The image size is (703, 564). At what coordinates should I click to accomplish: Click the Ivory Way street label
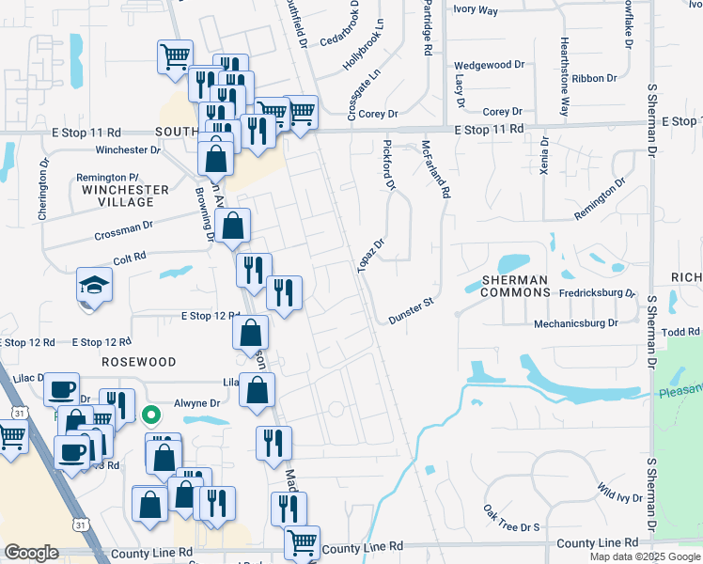coord(476,10)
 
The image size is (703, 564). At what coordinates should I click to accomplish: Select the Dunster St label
coord(410,311)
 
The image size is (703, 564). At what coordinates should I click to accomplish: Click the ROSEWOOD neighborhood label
coord(140,362)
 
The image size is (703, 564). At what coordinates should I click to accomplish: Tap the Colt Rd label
coord(130,256)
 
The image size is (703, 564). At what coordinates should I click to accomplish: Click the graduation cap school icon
coord(94,285)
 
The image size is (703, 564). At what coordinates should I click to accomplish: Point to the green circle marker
coord(149,414)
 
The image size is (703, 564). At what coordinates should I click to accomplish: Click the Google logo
coord(31,553)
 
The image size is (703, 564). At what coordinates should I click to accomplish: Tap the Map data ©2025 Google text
coord(645,556)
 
